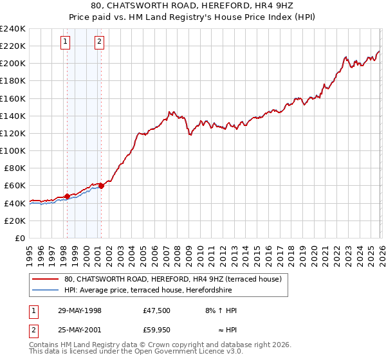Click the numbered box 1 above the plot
pos(66,42)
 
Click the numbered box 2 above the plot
pos(100,42)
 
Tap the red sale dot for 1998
pos(67,196)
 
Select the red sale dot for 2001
pos(101,185)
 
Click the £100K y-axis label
pos(13,150)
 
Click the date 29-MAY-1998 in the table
pos(80,310)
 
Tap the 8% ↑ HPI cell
pos(220,310)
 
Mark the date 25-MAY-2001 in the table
pos(80,331)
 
